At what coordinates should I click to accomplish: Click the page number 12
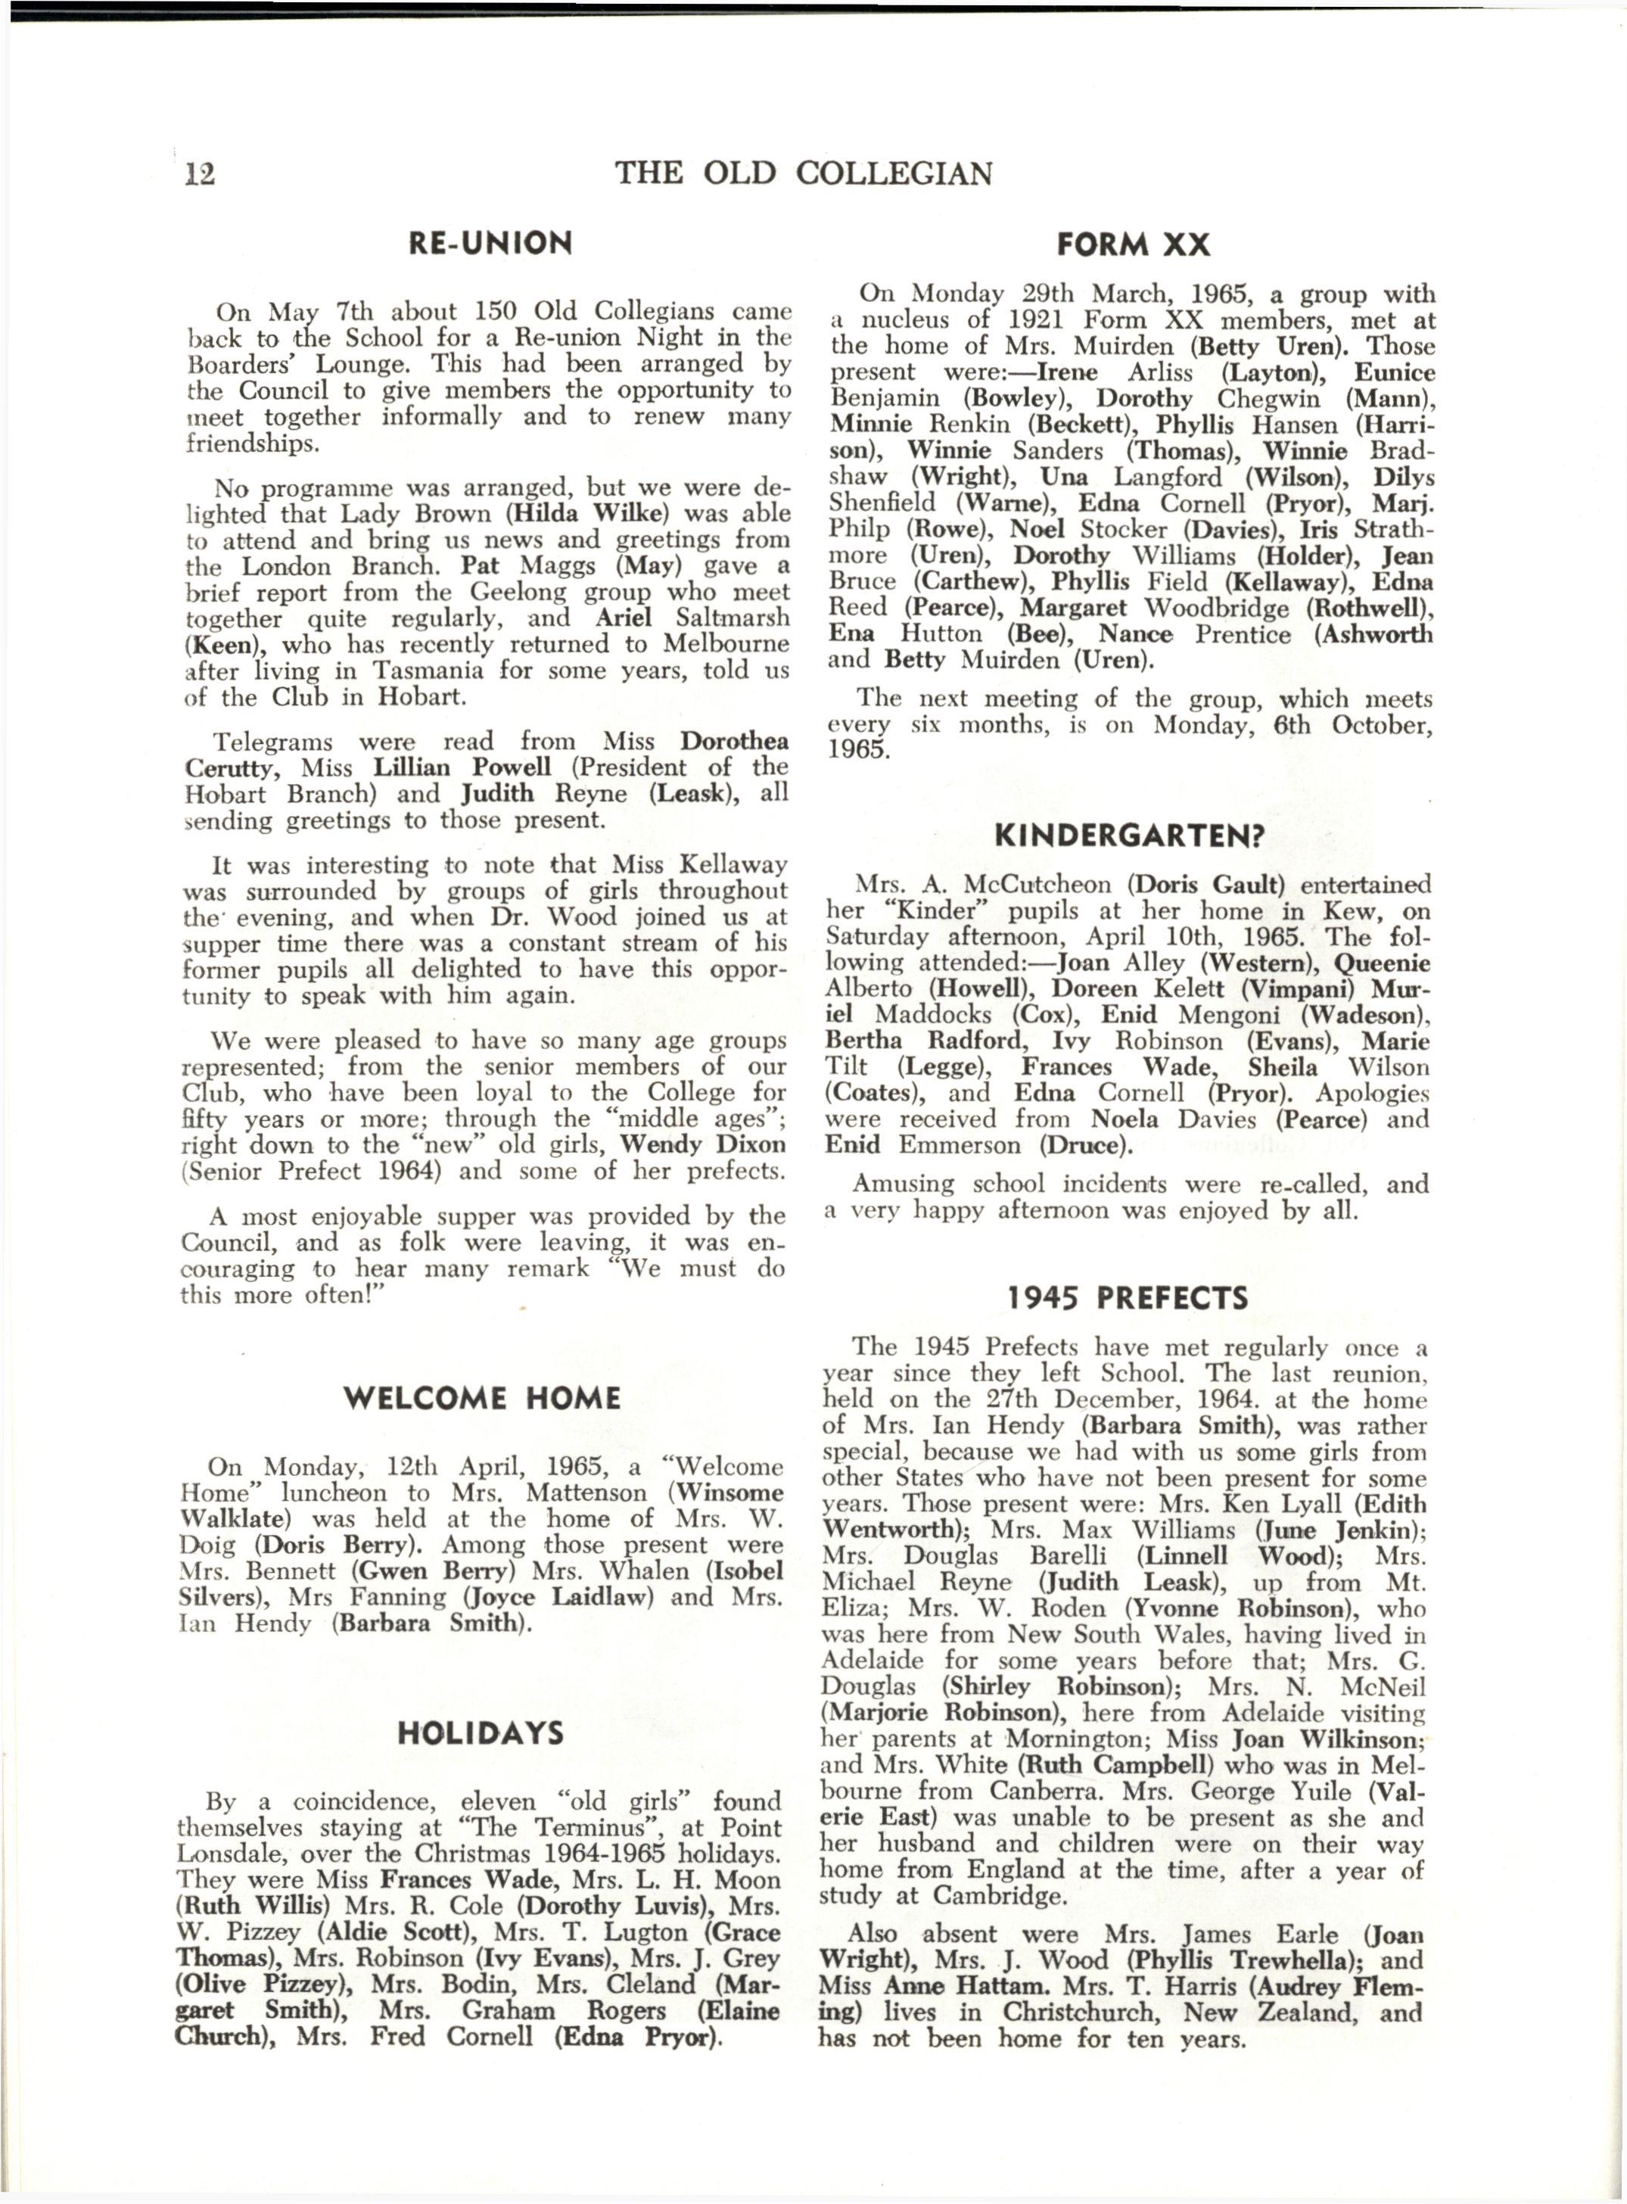[200, 174]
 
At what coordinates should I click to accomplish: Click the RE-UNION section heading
[490, 242]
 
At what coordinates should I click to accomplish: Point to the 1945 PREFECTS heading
[1127, 1298]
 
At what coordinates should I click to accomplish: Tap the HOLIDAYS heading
[481, 1733]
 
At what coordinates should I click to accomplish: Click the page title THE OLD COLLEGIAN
[804, 174]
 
